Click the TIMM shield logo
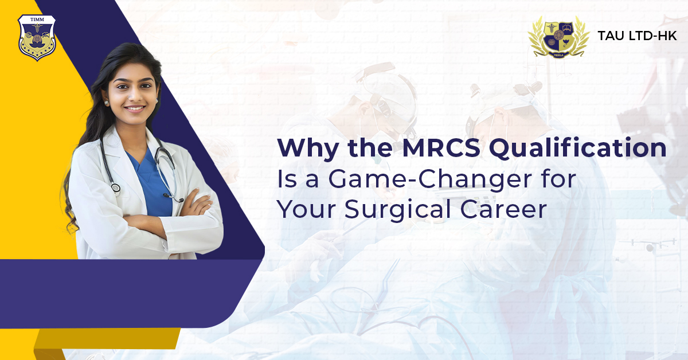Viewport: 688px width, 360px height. [37, 38]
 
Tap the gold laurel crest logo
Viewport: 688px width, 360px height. [558, 36]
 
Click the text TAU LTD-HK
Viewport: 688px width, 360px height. [637, 36]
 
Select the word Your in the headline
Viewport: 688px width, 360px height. [307, 210]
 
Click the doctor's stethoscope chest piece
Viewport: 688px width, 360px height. [116, 187]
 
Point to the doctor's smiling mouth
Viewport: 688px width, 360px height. [135, 108]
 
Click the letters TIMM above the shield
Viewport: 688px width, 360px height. [37, 21]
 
